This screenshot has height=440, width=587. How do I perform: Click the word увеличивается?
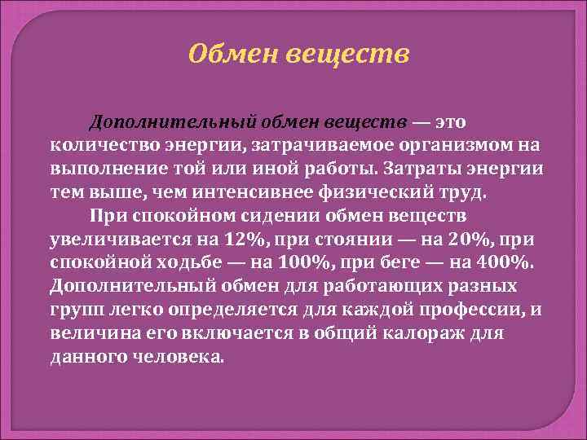119,240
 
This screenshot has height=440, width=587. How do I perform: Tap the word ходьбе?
196,263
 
